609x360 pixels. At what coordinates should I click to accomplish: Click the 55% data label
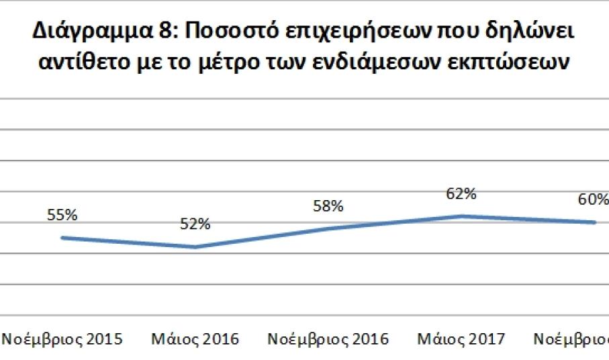[62, 216]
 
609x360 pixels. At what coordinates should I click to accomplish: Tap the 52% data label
[195, 224]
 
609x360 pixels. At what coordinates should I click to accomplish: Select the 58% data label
[328, 206]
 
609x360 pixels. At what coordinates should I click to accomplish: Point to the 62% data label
[461, 194]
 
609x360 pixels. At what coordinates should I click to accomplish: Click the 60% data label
[594, 199]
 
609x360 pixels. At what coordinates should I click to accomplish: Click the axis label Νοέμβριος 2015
[62, 339]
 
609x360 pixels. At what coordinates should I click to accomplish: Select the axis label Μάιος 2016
[195, 339]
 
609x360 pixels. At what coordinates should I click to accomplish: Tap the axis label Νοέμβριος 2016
[328, 339]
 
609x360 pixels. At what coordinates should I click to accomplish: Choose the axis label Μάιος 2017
[461, 339]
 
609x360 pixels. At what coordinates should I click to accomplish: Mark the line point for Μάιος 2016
[195, 247]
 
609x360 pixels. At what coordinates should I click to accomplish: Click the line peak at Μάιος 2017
[461, 216]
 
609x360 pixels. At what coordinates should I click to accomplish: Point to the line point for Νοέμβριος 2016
[328, 228]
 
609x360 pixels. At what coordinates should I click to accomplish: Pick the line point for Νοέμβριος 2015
[62, 238]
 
